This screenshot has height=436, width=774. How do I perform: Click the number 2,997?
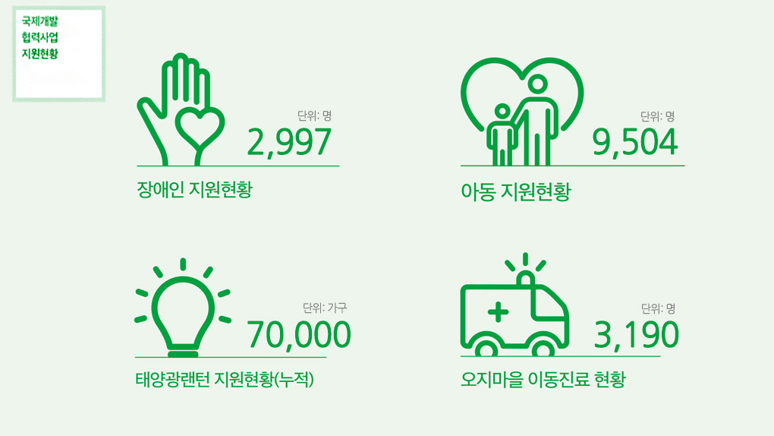[289, 143]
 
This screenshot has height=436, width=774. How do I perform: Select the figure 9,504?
[635, 143]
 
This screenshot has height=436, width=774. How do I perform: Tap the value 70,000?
[299, 335]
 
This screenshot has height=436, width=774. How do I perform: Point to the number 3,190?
[637, 335]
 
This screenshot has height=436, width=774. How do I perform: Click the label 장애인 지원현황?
[194, 189]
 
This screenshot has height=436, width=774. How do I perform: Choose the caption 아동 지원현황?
[516, 191]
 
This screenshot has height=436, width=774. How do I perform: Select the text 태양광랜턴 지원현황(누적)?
[225, 380]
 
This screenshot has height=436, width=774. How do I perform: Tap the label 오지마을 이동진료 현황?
[543, 380]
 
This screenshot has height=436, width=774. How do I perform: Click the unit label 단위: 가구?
[325, 308]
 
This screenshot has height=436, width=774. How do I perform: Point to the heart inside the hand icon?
[200, 128]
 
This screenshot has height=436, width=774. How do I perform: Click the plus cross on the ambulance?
[498, 312]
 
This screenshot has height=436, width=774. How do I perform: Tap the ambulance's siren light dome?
[526, 278]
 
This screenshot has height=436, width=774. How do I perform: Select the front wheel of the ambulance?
[543, 348]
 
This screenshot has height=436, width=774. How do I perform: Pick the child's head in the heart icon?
[502, 112]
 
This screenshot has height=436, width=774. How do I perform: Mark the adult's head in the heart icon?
[537, 84]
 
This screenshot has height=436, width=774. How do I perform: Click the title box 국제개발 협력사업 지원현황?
[58, 54]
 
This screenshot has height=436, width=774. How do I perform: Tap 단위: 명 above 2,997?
[314, 115]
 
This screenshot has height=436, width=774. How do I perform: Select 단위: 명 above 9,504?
[657, 116]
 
